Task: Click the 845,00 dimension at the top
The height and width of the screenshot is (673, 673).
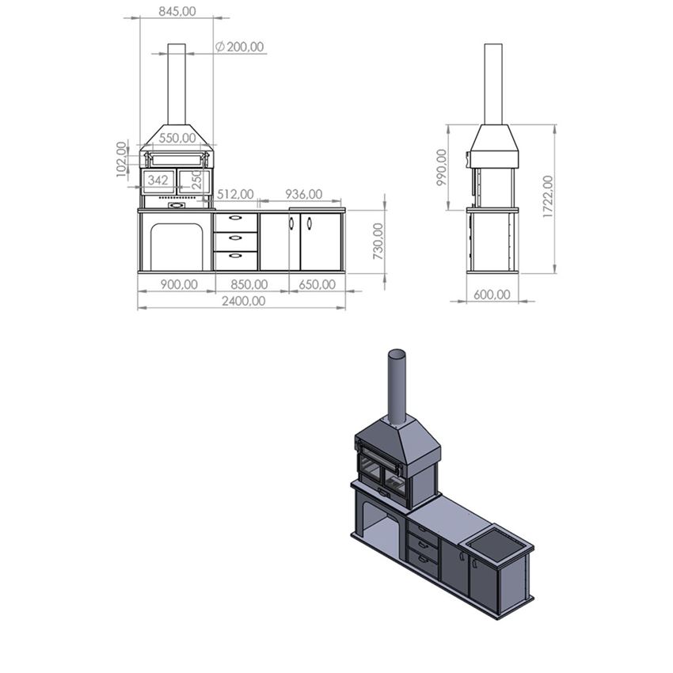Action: [x=177, y=11]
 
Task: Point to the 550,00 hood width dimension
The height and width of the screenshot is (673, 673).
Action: [x=177, y=138]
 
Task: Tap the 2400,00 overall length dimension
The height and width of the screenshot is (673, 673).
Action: [x=243, y=301]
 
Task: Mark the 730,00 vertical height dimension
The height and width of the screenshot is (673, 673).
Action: [x=378, y=241]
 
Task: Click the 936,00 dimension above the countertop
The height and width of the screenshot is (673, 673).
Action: [x=303, y=194]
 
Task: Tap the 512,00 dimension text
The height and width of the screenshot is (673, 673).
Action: [x=235, y=194]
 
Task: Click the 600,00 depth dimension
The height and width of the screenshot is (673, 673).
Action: [x=492, y=295]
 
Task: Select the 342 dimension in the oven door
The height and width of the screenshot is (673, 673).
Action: [x=158, y=181]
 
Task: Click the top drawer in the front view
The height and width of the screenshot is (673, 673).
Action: [x=235, y=222]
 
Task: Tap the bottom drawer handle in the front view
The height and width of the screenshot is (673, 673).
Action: [x=235, y=257]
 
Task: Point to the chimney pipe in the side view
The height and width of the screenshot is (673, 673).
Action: [x=493, y=83]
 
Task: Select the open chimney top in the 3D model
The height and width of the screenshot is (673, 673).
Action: [x=397, y=353]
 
